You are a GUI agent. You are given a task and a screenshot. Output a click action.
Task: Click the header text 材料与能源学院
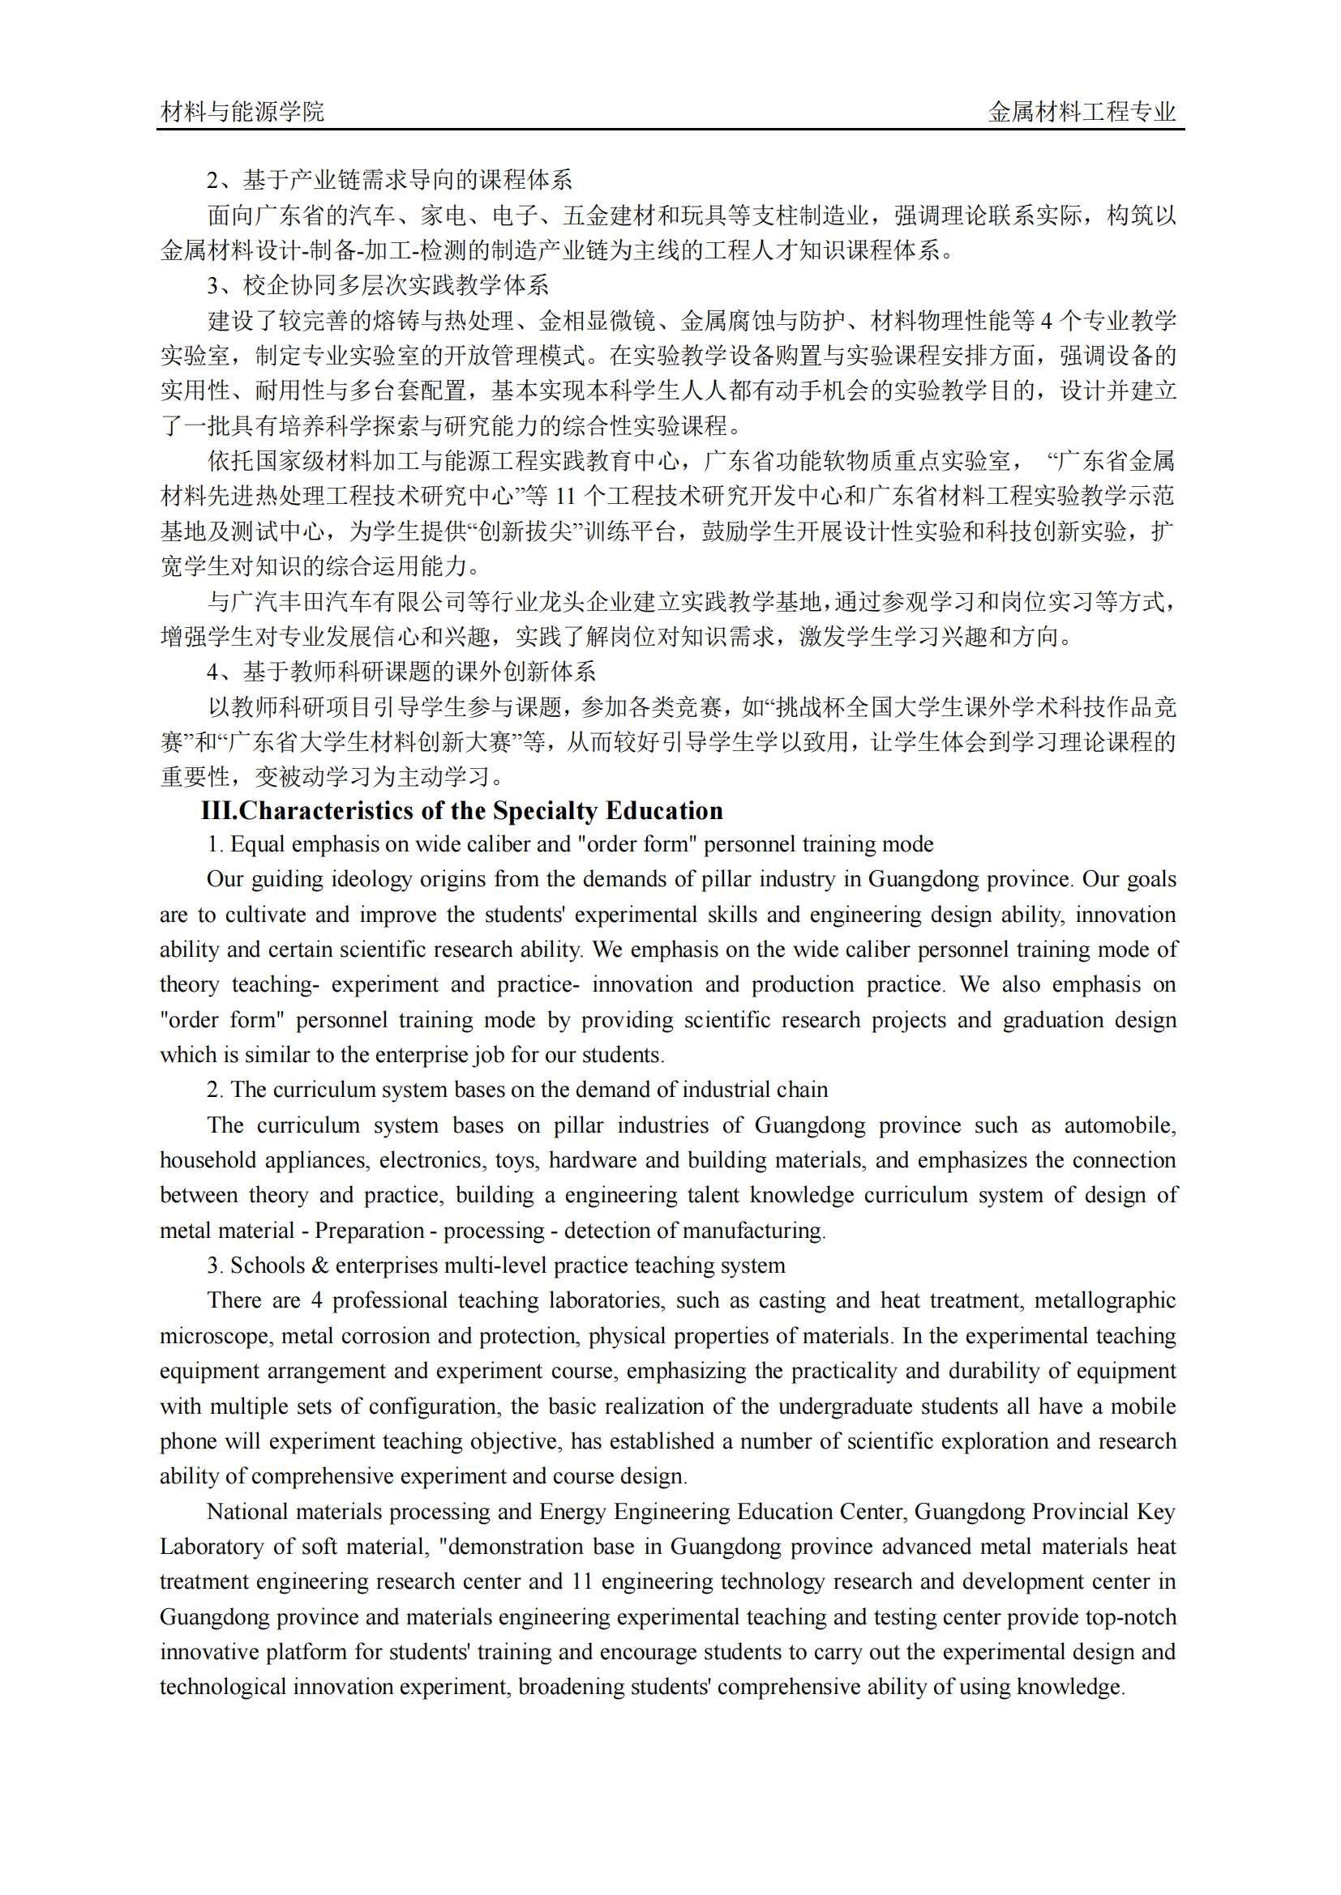(x=242, y=112)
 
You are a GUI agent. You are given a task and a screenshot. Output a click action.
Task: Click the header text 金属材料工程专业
(x=1082, y=112)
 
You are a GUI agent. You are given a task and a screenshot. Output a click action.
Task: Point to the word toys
(x=516, y=1160)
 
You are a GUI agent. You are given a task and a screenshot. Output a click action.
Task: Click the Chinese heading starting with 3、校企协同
(x=377, y=285)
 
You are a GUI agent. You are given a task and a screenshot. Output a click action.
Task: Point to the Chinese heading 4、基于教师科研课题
(x=401, y=672)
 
